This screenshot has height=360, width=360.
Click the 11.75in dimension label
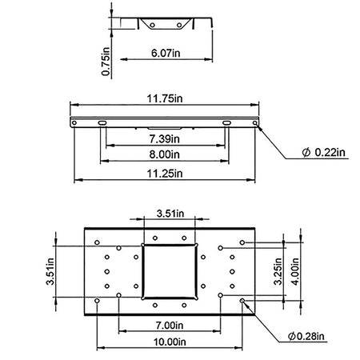[165, 98]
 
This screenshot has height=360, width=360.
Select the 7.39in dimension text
[165, 139]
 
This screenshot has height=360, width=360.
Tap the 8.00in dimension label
[165, 154]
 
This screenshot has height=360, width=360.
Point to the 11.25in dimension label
[165, 174]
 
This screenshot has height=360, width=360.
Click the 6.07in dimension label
[166, 53]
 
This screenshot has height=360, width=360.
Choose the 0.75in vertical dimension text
[106, 62]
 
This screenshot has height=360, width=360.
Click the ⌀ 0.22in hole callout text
[323, 152]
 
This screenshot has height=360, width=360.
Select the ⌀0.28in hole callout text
[306, 336]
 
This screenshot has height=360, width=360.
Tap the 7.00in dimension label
[170, 326]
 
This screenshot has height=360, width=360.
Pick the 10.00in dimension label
[170, 342]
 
